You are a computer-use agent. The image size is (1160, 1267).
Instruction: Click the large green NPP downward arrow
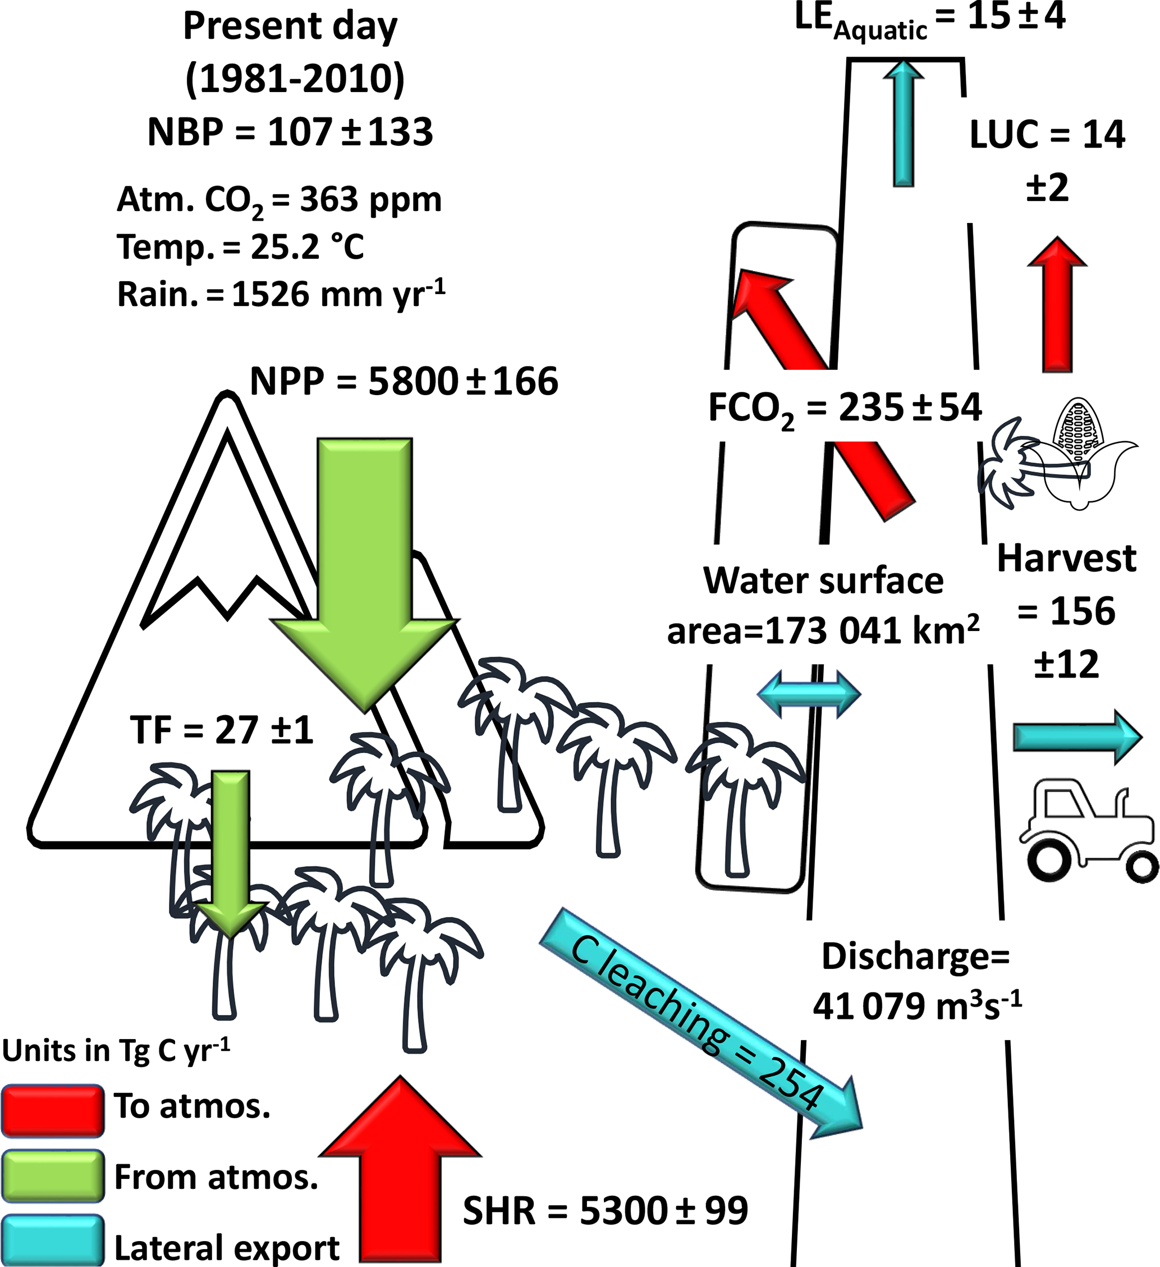point(364,566)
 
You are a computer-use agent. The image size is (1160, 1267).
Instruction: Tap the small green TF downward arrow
point(231,848)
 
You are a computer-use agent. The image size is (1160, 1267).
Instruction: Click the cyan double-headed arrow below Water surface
point(809,694)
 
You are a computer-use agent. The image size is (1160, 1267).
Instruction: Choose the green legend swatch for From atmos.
point(53,1176)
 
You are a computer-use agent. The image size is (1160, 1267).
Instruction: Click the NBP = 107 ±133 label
point(290,132)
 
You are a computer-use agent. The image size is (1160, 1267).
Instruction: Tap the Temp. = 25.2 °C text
point(241,247)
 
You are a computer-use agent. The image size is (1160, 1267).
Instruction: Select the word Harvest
point(1066,558)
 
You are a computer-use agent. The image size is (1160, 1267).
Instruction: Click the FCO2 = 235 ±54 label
point(845,408)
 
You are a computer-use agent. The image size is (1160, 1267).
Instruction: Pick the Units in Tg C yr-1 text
point(116,1050)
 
